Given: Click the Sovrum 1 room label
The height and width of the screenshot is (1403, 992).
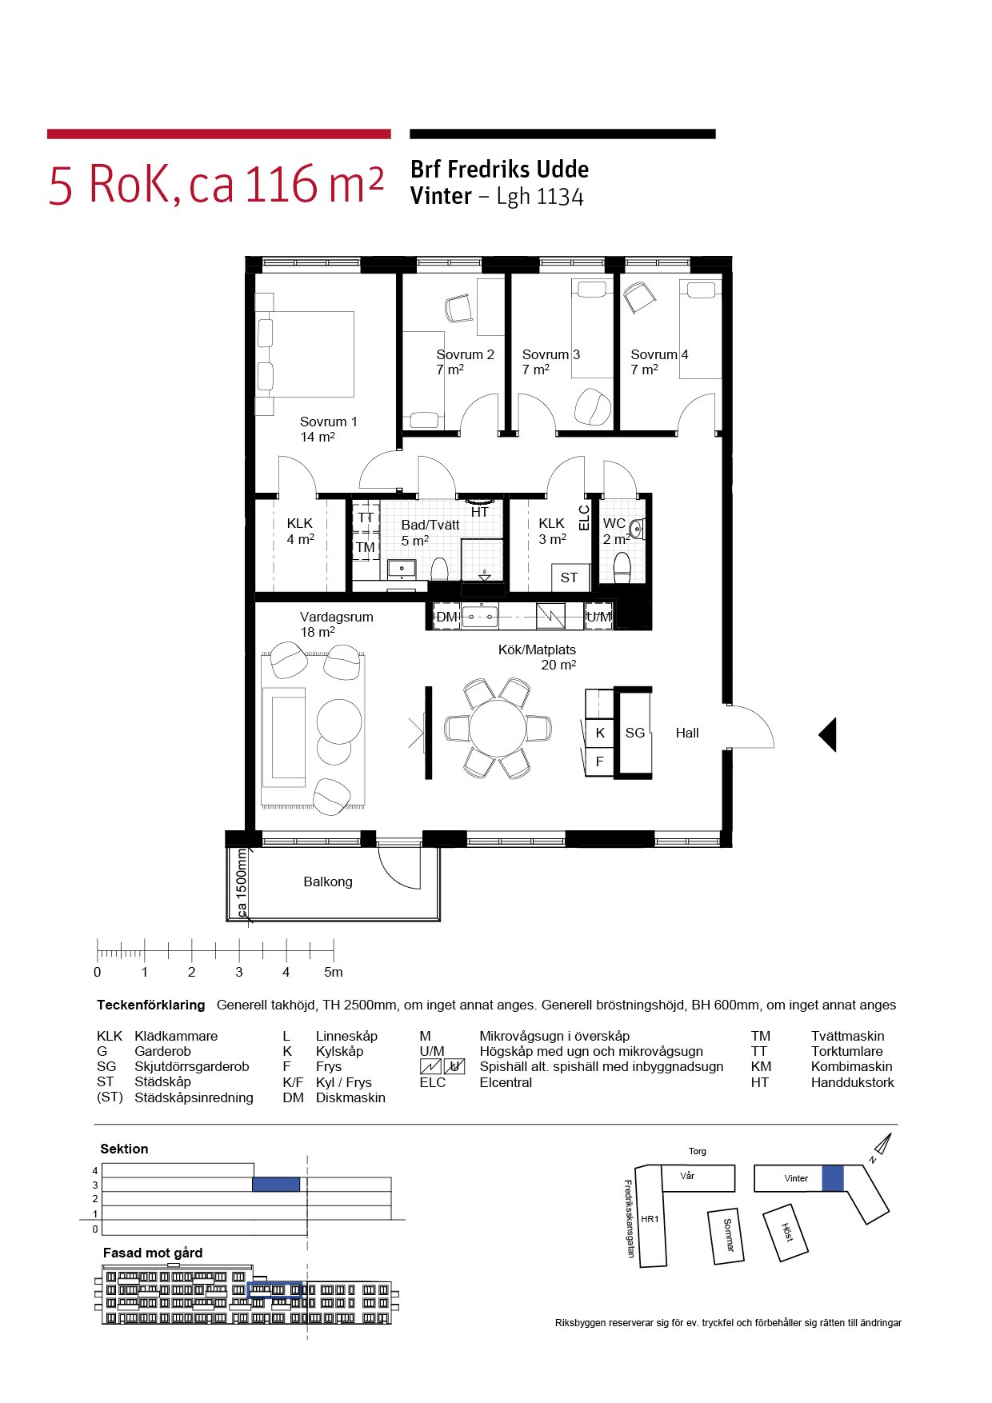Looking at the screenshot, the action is [328, 422].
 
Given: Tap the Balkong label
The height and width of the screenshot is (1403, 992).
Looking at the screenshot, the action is [328, 881].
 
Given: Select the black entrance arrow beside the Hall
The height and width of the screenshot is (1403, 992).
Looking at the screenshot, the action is [828, 734].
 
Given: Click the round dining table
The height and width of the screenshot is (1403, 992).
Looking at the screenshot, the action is [498, 729].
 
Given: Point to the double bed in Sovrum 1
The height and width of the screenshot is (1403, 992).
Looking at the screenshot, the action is [305, 354].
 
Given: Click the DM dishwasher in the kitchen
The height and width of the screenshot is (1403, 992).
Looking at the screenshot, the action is [446, 617].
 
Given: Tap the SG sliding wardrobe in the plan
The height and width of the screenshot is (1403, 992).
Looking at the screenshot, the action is [634, 732].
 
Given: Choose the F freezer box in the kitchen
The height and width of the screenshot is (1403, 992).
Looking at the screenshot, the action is [599, 761].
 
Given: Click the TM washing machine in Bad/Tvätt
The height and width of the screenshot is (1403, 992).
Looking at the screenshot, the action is [366, 548].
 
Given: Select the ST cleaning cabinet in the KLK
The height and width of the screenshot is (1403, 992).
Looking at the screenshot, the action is [570, 578].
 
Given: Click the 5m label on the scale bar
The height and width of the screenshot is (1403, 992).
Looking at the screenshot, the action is [334, 972].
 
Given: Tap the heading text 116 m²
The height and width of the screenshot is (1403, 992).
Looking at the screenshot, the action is [314, 184].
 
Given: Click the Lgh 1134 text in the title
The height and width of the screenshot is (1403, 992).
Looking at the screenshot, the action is [540, 197].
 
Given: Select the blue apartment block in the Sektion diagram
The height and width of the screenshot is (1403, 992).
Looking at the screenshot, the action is [276, 1185].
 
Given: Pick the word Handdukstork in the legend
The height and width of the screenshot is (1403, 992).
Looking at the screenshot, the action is [852, 1082].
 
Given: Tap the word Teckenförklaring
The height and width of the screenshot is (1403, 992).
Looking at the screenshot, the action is [151, 1005].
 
